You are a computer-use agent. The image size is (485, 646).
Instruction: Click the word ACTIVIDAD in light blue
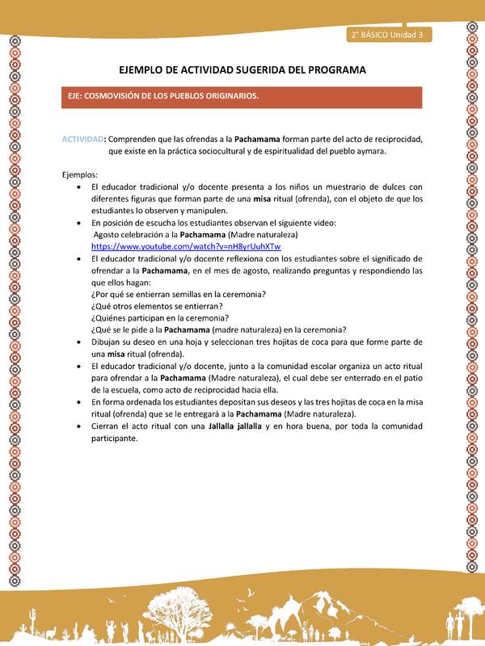coord(83,139)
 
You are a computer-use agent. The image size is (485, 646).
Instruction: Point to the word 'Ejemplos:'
coord(80,174)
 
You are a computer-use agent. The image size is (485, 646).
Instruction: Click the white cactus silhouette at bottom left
coord(32,623)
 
